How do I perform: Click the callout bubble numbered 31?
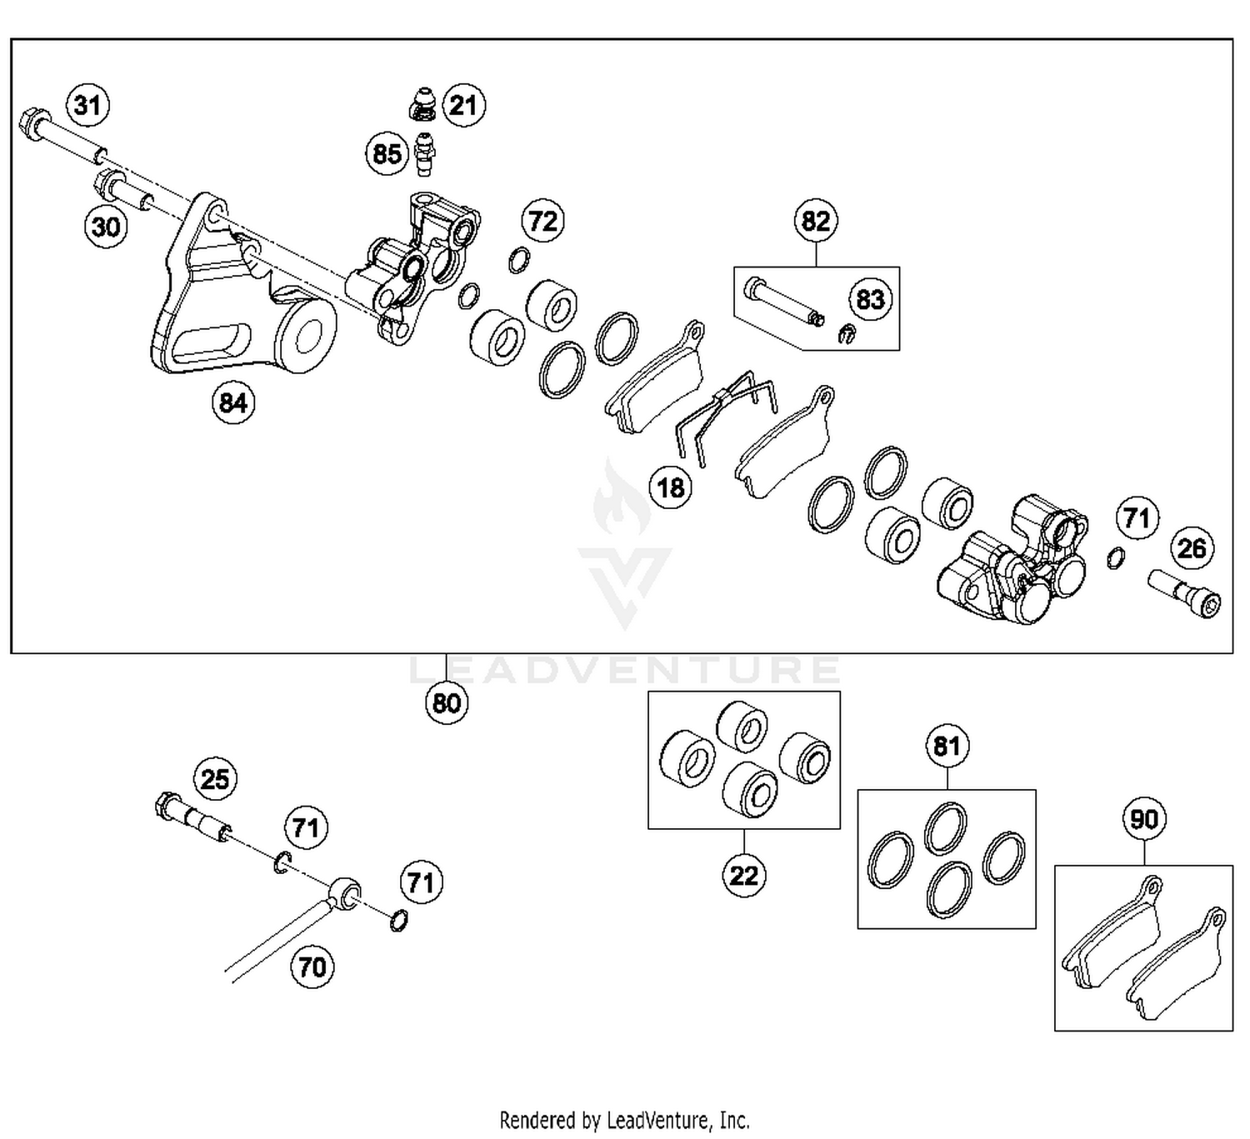click(87, 106)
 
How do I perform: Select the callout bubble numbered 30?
click(106, 226)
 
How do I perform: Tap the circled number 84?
click(232, 403)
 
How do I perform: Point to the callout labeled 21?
click(462, 106)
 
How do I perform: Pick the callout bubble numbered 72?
click(542, 222)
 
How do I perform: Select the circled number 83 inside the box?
click(870, 299)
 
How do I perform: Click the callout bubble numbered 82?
click(815, 221)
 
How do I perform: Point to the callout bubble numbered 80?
click(446, 703)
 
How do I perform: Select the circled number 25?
click(215, 779)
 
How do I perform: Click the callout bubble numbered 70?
click(312, 967)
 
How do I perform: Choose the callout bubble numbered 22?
click(743, 876)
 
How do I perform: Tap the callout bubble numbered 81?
click(947, 746)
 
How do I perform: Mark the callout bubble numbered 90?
click(1143, 819)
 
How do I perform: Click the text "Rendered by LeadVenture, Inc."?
click(624, 1120)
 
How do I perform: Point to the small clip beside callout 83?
click(845, 333)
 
